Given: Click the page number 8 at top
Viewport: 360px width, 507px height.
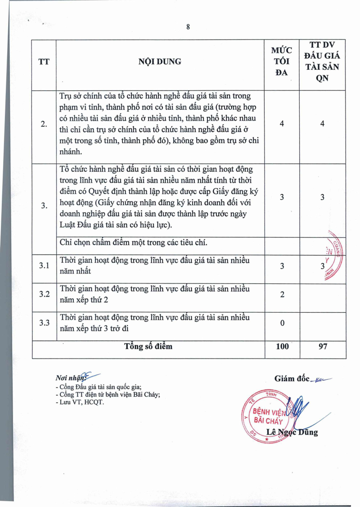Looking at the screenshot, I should coord(188,27).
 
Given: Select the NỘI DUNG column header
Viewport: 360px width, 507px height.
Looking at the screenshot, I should coord(160,62).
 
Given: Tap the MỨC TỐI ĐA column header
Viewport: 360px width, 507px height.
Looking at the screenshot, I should coord(282,62).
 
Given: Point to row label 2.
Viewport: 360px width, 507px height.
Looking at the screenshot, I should coord(44,125).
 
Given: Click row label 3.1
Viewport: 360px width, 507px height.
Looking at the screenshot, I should coord(44,265).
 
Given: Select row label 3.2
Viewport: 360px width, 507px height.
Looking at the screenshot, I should coord(44,294).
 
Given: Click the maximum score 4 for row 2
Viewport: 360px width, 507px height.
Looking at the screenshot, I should coord(282,124).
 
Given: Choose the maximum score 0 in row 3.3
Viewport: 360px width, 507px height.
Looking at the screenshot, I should coord(282,323).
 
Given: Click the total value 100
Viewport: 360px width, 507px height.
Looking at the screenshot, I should coord(282,347).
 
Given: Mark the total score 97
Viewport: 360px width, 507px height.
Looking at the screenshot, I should coord(322,347).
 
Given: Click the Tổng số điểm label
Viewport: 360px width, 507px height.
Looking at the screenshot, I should coord(148,346).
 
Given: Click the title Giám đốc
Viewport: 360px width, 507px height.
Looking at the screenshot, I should coord(292,379).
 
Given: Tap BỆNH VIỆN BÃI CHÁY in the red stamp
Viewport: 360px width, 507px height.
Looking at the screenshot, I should coord(268,417).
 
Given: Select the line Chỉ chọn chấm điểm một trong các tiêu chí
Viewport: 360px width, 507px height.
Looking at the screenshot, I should coord(133,243).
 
